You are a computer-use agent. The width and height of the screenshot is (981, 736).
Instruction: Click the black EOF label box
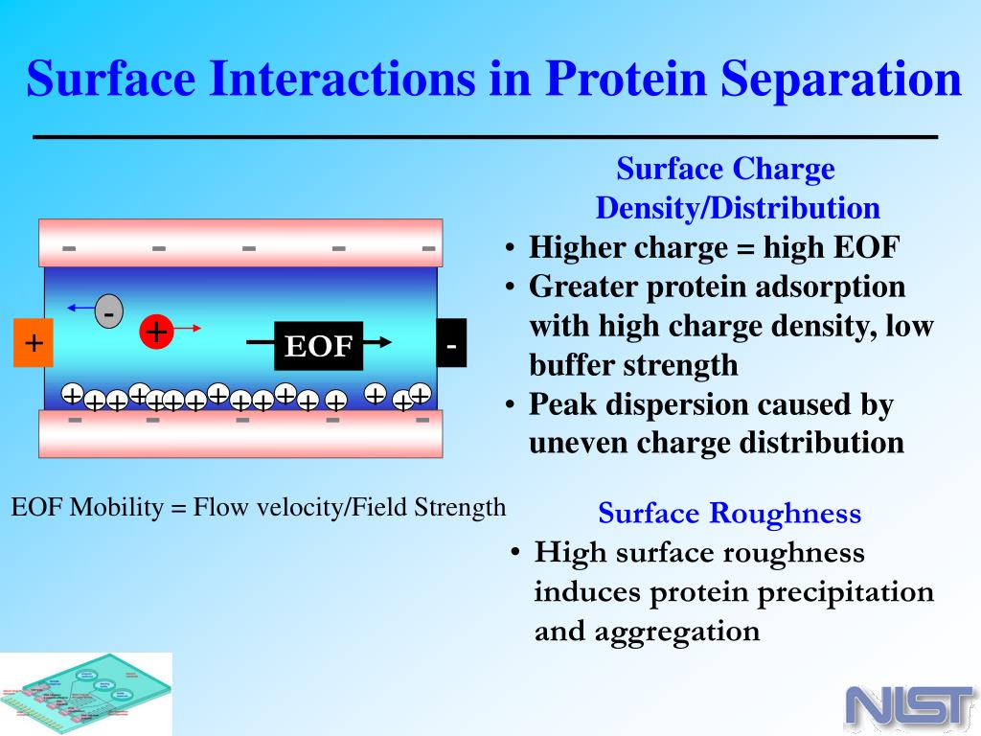point(318,345)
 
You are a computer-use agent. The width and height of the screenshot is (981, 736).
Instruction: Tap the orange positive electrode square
point(34,342)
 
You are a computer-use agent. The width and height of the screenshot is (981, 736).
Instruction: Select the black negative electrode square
point(451,342)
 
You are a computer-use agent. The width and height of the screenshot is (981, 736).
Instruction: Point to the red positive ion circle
point(156,331)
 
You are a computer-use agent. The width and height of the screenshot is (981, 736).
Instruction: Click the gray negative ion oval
point(109,311)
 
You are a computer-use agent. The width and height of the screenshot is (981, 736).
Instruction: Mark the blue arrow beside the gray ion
point(80,308)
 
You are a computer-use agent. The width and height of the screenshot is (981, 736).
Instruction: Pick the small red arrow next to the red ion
point(187,328)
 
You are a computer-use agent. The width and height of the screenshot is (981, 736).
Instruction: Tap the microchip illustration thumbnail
point(85,694)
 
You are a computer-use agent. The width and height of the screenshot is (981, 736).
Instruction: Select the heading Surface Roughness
point(729,514)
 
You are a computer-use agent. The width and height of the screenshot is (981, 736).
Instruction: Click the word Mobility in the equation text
point(116,507)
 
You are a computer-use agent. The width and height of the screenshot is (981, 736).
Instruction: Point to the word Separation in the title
point(841,79)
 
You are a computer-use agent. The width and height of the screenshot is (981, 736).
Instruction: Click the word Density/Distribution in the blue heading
point(739,208)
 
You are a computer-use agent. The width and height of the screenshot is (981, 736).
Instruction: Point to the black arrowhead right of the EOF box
point(385,342)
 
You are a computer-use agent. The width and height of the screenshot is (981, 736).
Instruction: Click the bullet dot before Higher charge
point(511,248)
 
